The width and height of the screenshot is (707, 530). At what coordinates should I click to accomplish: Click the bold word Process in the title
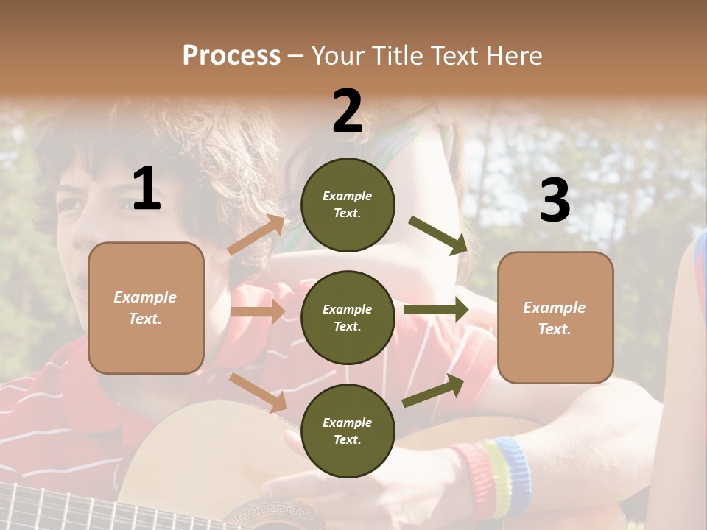pyautogui.click(x=231, y=55)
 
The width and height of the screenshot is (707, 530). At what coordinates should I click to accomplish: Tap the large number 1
pyautogui.click(x=147, y=189)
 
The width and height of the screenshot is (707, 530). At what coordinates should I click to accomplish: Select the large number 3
pyautogui.click(x=555, y=201)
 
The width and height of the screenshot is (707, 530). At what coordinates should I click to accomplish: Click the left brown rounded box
pyautogui.click(x=146, y=308)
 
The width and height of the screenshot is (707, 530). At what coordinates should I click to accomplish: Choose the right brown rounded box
pyautogui.click(x=555, y=317)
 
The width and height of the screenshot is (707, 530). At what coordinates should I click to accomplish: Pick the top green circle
pyautogui.click(x=348, y=205)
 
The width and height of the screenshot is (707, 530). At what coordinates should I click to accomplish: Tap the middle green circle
pyautogui.click(x=348, y=317)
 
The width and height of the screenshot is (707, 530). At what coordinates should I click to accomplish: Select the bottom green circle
pyautogui.click(x=348, y=431)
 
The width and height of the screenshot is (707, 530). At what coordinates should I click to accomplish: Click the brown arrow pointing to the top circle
pyautogui.click(x=257, y=235)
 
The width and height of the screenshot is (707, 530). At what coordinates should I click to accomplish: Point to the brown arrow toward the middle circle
pyautogui.click(x=258, y=311)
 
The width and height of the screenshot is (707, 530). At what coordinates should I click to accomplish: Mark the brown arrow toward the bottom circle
pyautogui.click(x=258, y=392)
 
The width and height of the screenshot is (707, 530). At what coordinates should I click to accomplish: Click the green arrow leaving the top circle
pyautogui.click(x=439, y=236)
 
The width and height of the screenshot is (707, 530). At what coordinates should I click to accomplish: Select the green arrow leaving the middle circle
pyautogui.click(x=436, y=310)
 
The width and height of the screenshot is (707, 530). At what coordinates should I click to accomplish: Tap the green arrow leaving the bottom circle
pyautogui.click(x=434, y=390)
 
